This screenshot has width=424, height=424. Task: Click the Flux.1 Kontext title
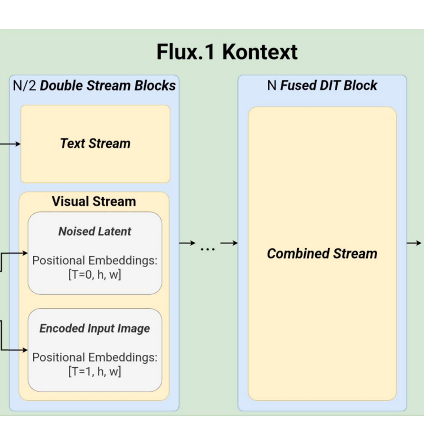coord(227,52)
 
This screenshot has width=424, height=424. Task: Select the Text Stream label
coord(95,143)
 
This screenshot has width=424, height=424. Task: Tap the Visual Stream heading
coord(94,201)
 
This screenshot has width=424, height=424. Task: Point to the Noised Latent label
coord(95,231)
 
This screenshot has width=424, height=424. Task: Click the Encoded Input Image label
coord(95,328)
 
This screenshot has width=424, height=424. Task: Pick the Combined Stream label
coord(322,253)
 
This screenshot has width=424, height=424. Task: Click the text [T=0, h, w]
coord(95,274)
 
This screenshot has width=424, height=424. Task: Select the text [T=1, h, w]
coord(95,371)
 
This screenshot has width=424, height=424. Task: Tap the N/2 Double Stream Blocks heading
coord(94,85)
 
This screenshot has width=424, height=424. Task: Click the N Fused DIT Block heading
coord(322,85)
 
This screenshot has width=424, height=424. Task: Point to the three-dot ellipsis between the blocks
coord(208,249)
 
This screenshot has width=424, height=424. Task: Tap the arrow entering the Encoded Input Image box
coord(15,350)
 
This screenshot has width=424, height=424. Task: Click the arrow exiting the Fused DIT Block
coord(414,243)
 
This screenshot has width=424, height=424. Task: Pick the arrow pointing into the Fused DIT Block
coord(229,243)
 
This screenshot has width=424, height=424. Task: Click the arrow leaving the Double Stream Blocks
coord(187,243)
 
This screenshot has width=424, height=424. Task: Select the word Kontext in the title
coord(260,52)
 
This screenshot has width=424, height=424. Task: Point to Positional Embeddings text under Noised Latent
coord(95,260)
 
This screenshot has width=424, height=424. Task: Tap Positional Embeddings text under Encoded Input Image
coord(95,357)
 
